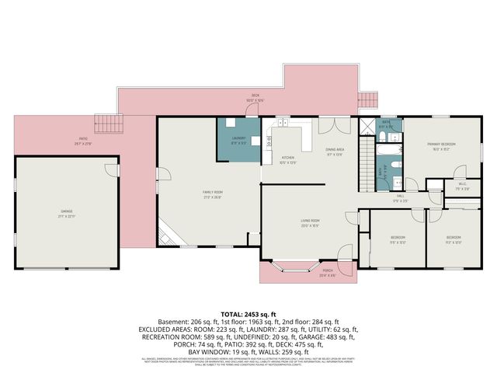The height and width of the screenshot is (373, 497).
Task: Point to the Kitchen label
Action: click(287, 160)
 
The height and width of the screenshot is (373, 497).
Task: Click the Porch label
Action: click(327, 273)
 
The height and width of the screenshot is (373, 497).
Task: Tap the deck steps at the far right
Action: click(367, 102)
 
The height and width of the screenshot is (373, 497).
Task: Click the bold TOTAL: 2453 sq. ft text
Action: click(248, 314)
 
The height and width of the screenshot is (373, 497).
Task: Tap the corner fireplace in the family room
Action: click(165, 233)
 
